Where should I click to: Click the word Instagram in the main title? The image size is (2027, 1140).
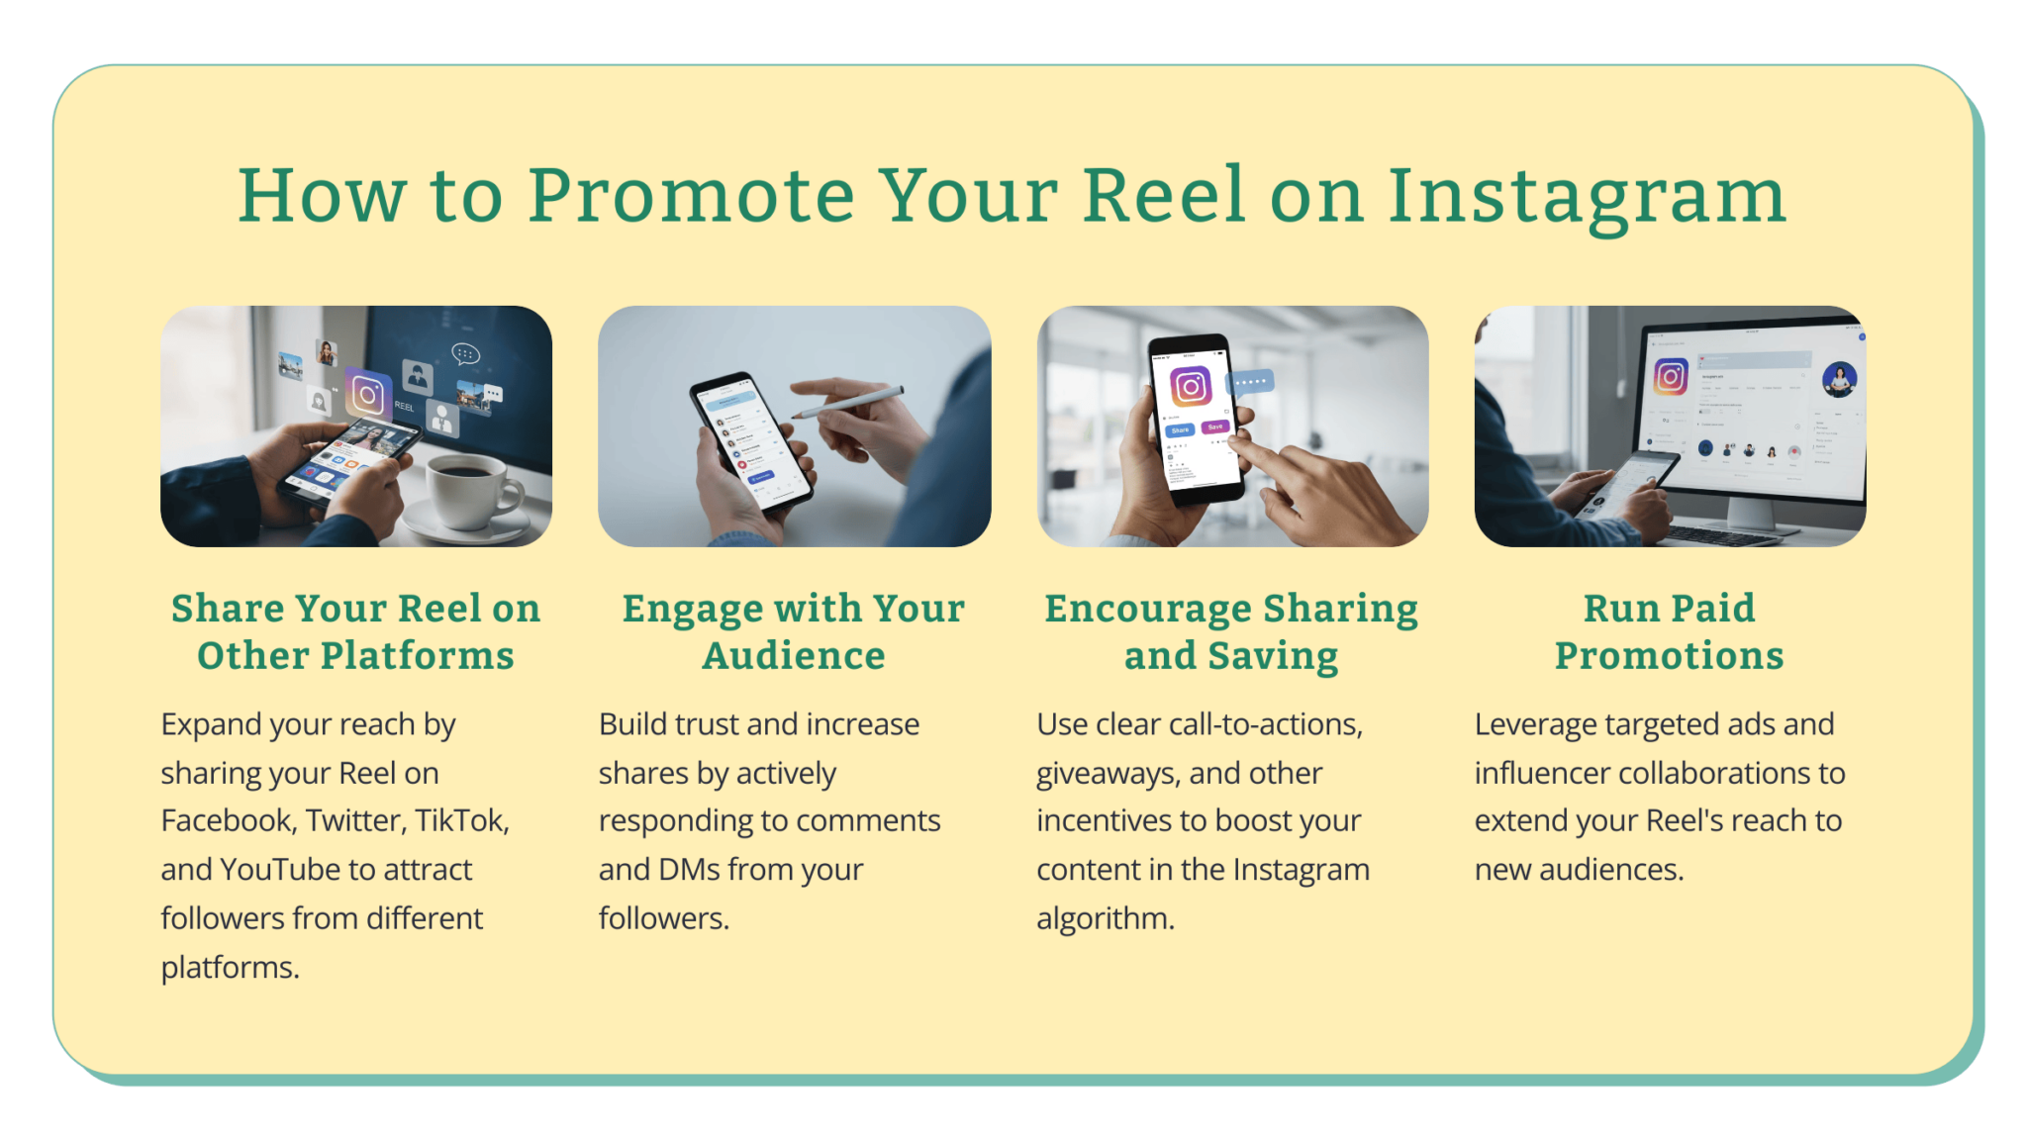click(1587, 196)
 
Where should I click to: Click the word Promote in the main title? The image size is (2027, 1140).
click(691, 196)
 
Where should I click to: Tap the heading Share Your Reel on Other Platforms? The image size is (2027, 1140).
click(355, 631)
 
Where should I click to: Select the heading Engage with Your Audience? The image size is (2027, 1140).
click(794, 631)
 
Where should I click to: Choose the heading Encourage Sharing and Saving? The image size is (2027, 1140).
click(1231, 631)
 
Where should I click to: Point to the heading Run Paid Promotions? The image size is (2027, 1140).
click(1669, 631)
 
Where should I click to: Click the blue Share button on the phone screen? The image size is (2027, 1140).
click(1180, 430)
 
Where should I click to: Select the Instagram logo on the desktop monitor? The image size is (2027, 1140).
click(1671, 377)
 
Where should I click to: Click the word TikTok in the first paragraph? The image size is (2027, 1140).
click(461, 820)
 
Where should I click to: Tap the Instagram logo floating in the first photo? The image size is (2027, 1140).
click(367, 395)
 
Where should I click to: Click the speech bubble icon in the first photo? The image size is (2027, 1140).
click(465, 353)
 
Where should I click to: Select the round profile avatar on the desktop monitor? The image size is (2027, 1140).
click(1839, 379)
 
